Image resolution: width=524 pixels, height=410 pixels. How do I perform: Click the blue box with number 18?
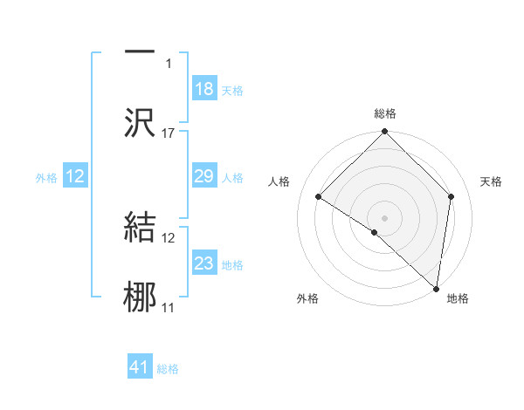204,89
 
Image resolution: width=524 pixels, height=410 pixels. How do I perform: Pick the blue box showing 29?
204,177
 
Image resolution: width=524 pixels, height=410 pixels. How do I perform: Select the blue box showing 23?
204,263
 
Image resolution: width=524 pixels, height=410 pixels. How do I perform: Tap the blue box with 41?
141,368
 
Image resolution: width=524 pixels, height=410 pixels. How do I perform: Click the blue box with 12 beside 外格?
75,177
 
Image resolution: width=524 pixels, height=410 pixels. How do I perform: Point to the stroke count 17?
169,133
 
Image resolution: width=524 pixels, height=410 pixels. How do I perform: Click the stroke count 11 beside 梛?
169,308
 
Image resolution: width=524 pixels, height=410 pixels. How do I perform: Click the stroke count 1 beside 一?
169,64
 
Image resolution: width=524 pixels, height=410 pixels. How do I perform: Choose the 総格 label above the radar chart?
385,114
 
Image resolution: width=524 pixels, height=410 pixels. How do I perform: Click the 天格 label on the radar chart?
492,181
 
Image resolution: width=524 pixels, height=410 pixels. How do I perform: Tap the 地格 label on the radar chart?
458,299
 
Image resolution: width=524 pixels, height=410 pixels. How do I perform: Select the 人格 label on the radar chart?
279,181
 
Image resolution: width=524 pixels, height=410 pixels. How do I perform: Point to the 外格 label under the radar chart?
307,299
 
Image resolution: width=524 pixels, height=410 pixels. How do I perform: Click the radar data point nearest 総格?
384,133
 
